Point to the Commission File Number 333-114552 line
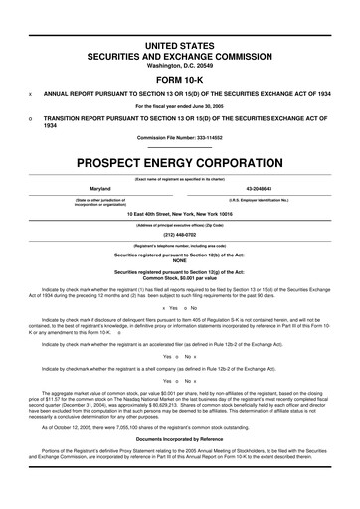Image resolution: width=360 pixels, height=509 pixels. click(180, 137)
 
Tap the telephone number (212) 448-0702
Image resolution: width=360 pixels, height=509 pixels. click(180, 235)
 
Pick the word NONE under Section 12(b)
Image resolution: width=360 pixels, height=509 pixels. click(180, 261)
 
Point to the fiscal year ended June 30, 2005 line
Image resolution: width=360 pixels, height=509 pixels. click(180, 105)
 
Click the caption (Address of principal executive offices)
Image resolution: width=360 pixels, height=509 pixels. click(180, 224)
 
